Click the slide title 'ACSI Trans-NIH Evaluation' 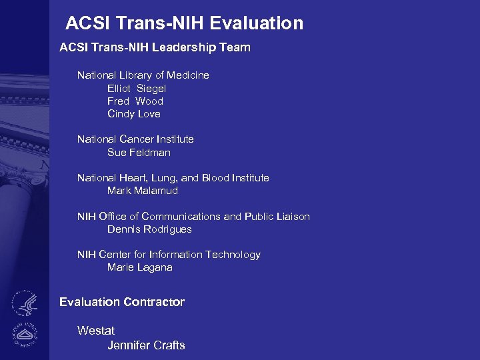(184, 24)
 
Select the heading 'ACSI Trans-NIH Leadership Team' (155, 47)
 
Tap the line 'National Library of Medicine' (143, 75)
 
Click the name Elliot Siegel (137, 88)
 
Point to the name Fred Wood (135, 101)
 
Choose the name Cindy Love (134, 114)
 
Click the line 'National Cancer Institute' (135, 139)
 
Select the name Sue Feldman (139, 153)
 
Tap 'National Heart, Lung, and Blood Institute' (173, 178)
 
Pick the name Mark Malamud (143, 191)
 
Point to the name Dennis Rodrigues (149, 229)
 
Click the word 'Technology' (233, 255)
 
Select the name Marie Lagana (140, 267)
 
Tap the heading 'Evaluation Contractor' (122, 302)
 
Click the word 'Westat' (96, 331)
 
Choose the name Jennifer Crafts (146, 345)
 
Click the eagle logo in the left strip (24, 303)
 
